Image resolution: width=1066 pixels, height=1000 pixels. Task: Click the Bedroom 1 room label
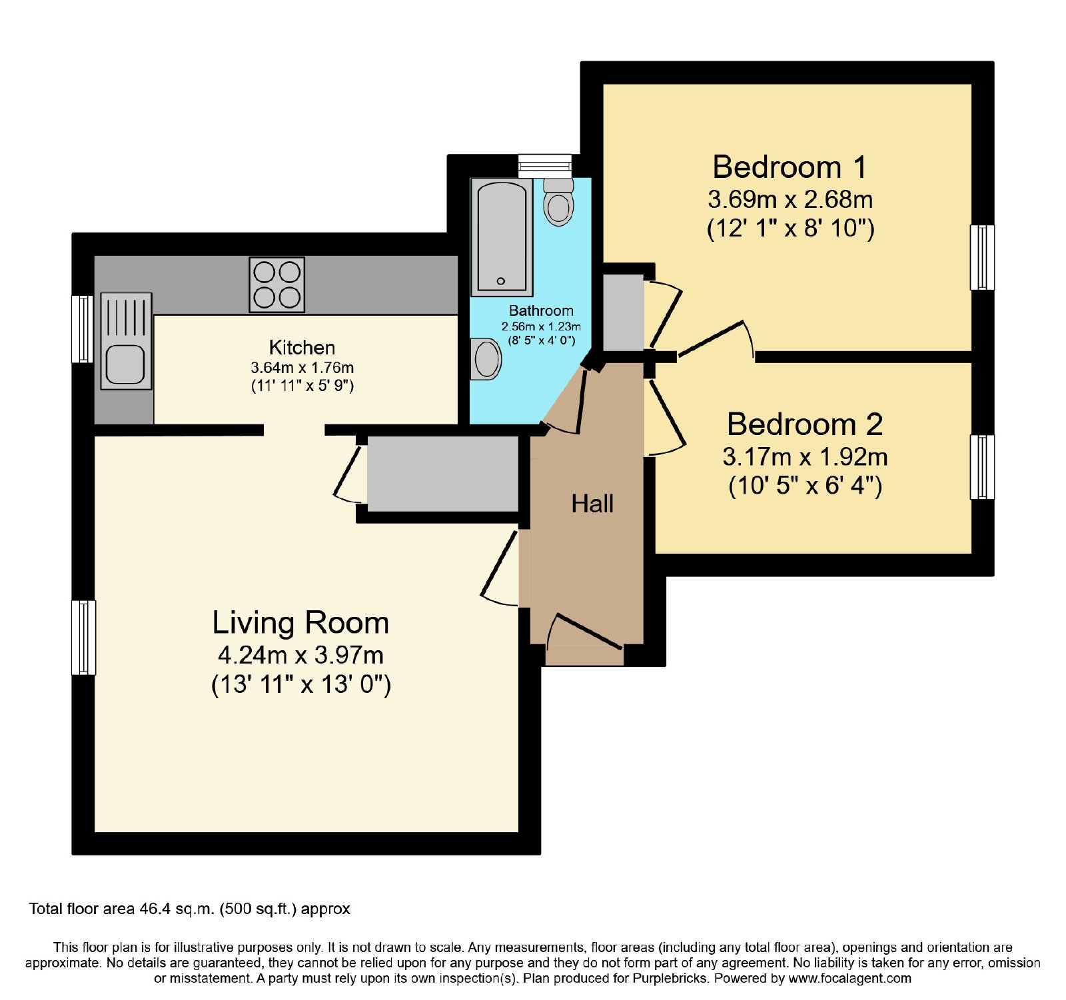(x=790, y=167)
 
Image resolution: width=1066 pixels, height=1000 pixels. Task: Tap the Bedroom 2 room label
(x=805, y=424)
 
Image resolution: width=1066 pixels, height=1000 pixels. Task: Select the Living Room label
(x=300, y=623)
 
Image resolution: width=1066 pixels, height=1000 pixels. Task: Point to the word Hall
(x=592, y=504)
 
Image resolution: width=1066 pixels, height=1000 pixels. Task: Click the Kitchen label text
(x=302, y=347)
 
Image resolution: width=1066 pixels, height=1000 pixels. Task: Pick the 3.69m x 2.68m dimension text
(x=790, y=199)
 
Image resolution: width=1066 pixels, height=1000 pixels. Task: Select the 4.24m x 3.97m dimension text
(x=300, y=656)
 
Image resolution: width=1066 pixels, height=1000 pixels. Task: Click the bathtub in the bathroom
(x=502, y=237)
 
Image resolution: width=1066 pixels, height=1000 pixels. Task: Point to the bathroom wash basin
(x=486, y=359)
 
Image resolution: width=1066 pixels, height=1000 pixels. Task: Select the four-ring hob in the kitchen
(x=277, y=284)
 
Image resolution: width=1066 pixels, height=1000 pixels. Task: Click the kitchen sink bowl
(x=125, y=364)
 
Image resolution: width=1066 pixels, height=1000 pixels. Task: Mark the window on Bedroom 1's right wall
(x=982, y=257)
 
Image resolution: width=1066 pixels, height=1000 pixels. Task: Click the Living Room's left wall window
(x=84, y=638)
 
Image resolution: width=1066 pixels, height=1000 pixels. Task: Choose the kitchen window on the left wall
(x=83, y=329)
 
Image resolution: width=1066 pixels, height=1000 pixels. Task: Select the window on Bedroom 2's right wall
(x=982, y=467)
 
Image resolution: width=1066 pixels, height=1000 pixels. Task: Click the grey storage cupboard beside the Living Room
(x=443, y=474)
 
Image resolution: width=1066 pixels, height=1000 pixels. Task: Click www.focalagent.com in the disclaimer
(x=850, y=979)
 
